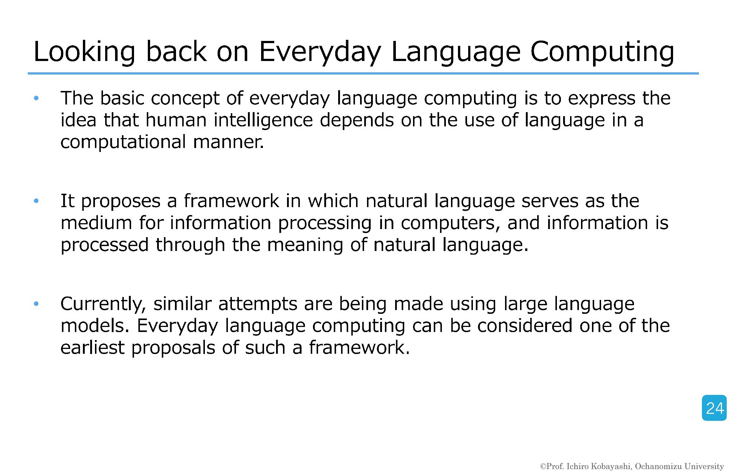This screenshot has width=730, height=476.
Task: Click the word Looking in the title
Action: click(x=85, y=52)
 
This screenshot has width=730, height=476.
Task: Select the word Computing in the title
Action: click(x=602, y=52)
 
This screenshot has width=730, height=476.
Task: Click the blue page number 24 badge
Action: click(x=714, y=408)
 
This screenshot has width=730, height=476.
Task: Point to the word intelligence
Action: click(x=263, y=121)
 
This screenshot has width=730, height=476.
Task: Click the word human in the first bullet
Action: click(x=176, y=120)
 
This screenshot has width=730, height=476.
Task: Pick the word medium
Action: click(x=96, y=223)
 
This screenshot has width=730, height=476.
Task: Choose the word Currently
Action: click(x=103, y=304)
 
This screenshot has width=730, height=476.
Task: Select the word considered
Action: click(x=525, y=325)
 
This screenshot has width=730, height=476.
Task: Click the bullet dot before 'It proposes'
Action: click(x=36, y=201)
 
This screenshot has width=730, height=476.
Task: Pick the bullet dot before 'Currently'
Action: click(x=36, y=304)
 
